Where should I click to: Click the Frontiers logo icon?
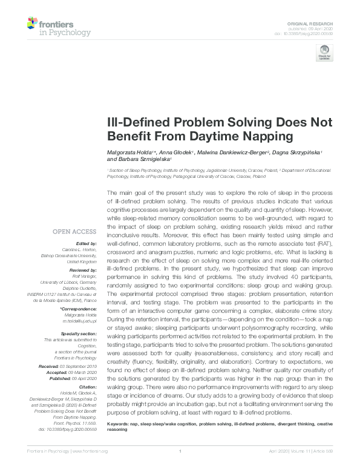pos(33,25)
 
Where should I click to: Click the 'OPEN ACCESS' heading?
pos(74,231)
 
